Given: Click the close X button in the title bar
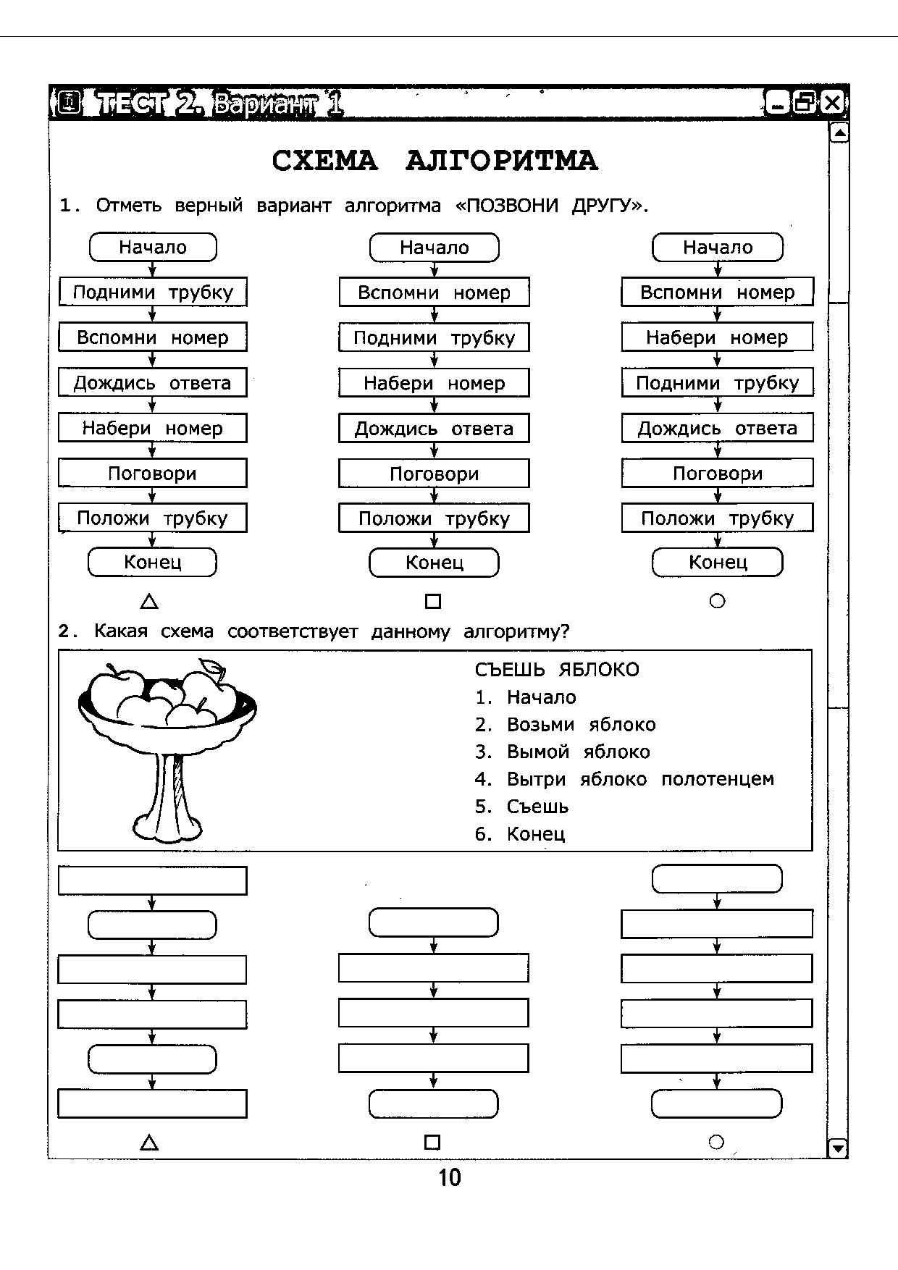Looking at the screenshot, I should coord(833,104).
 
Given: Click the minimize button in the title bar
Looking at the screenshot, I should coord(777,104).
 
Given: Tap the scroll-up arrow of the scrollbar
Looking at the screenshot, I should coord(839,133).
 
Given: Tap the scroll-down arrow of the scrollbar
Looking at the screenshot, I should coord(838,1148).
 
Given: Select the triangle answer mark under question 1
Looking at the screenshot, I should coord(149,601).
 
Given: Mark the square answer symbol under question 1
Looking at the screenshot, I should coord(433,601).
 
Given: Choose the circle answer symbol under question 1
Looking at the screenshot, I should coord(717,601).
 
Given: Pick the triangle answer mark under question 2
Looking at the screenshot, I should coord(149,1143).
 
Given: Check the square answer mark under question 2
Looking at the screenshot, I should coord(432,1143).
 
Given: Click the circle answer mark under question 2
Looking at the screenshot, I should coord(716,1142).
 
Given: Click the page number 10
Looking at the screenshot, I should coord(449,1178).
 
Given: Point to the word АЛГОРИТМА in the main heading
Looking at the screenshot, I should coord(501,161).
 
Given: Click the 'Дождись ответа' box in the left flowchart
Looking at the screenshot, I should coord(152,382).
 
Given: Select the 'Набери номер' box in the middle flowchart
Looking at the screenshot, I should coord(434,383).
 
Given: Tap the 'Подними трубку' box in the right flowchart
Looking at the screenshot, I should coord(717,382).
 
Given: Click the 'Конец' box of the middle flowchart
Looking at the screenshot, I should coord(434,563).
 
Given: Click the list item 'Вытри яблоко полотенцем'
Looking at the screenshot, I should coord(639,779).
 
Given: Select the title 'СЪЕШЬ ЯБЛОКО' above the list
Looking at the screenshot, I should coord(557,669).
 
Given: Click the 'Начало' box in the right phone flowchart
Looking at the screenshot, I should coord(717,247).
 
